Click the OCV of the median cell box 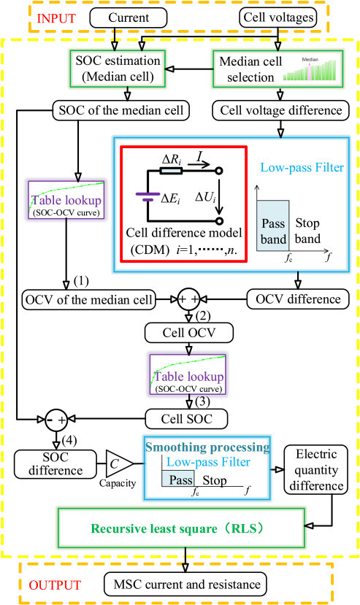[x=90, y=298]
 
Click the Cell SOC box [x=188, y=418]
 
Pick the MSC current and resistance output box [x=184, y=583]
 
